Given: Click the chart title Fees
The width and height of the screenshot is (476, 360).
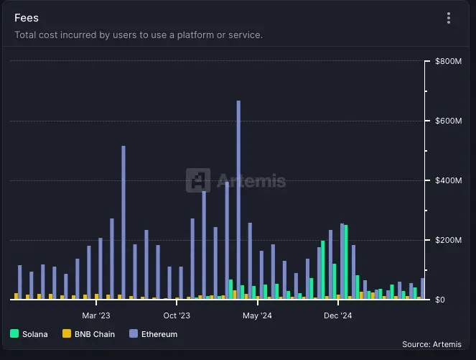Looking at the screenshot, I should point(27,18).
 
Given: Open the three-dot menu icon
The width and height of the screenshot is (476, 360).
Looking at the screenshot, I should point(449,18).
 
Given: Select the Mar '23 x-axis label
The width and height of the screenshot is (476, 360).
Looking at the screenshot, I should point(96,315).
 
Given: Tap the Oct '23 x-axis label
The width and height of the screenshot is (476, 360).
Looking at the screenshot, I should point(176,315).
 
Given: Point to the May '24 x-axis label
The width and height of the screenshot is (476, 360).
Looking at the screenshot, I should point(257,315).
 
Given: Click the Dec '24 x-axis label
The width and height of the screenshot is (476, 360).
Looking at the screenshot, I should point(337,315).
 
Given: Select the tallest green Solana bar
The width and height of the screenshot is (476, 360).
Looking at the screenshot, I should point(346,262).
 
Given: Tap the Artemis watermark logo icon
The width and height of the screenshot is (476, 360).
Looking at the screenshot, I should point(198,180).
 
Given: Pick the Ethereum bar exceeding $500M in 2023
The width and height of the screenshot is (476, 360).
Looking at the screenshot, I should point(123,222).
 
